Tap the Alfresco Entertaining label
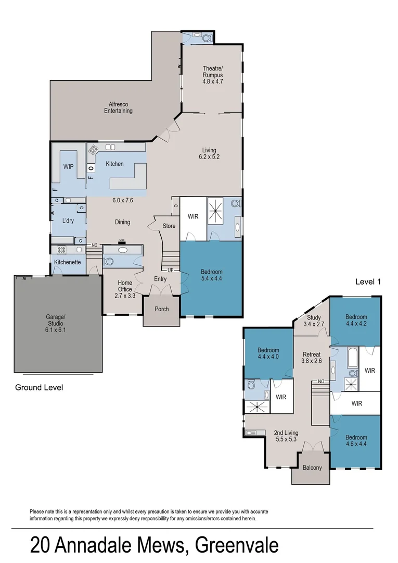tap(118, 107)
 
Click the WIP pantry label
tap(68, 167)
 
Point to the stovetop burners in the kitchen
tap(94, 150)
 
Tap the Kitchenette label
tap(67, 262)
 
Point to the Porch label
tap(162, 309)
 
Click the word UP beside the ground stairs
tap(170, 270)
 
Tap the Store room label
tap(169, 226)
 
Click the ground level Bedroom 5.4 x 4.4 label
tap(212, 275)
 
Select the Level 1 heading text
tap(368, 281)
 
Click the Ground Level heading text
tap(39, 387)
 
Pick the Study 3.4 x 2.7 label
tap(314, 321)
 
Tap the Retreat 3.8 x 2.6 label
tap(312, 358)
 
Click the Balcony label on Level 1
tap(312, 468)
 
